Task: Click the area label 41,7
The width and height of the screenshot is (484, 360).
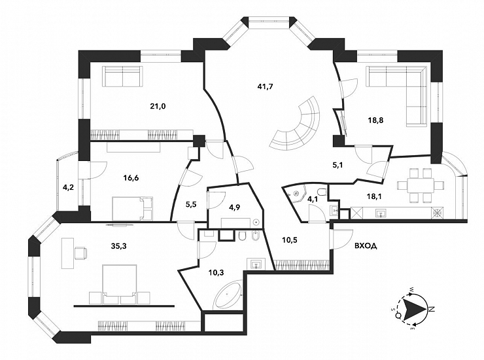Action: pos(265,86)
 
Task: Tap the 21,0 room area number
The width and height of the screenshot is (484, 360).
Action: pos(158,107)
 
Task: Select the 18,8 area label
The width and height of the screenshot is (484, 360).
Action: pos(375,120)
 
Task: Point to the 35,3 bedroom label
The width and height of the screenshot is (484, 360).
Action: pos(118,246)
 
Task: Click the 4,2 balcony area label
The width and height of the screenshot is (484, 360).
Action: pos(68,187)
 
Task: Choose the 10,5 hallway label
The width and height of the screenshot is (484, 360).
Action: pos(290,240)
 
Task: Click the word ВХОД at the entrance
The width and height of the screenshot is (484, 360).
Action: pos(366,246)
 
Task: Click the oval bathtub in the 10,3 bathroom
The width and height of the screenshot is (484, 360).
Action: pos(229,295)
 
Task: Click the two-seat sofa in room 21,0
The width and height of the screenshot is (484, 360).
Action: pos(123,77)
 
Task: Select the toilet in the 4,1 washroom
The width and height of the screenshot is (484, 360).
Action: pos(322,192)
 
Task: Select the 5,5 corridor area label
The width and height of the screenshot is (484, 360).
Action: pos(192,204)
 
